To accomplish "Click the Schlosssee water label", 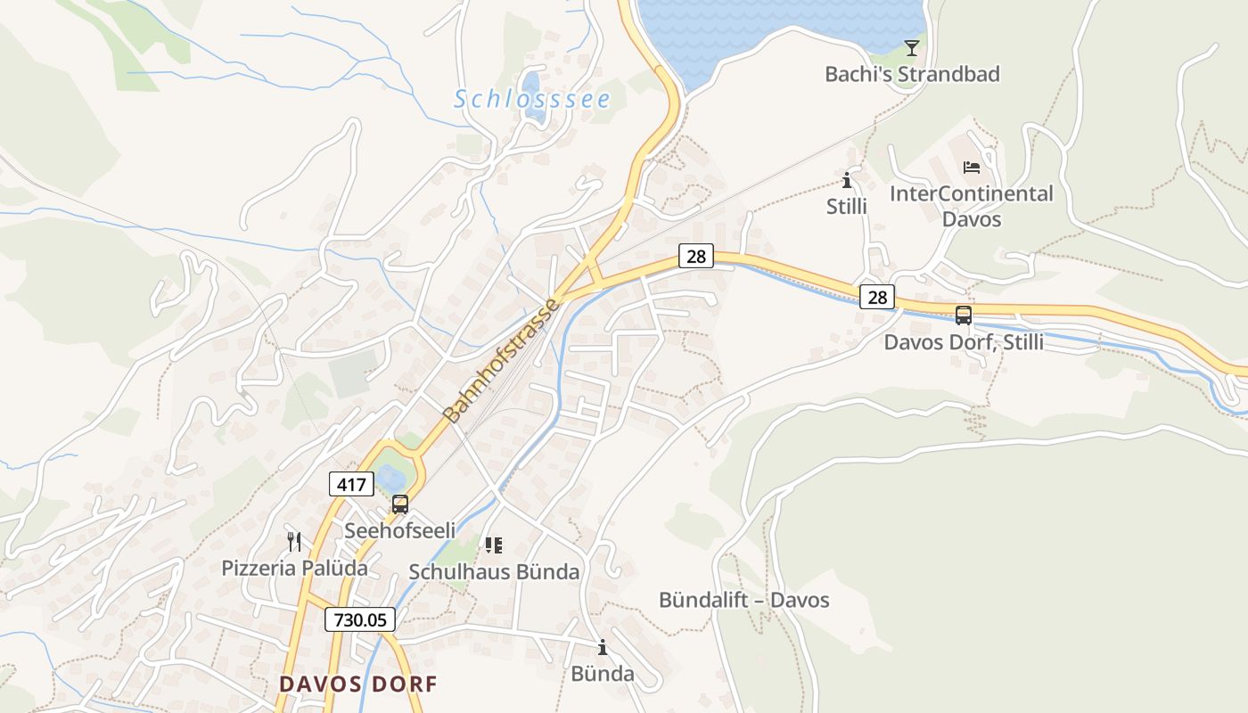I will coord(532,99).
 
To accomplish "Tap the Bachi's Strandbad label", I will coord(912,74).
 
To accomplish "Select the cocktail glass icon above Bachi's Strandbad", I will coord(911,47).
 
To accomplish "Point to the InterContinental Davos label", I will coord(972,206).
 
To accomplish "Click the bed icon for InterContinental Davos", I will coord(972,167).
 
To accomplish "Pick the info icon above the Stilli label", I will coord(846,180).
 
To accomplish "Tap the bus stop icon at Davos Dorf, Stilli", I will coord(964,315).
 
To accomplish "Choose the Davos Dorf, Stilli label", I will coord(964,342).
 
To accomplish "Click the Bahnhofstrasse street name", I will coord(501,361).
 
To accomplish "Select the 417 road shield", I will coord(351,484).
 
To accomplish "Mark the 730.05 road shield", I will coord(359,619).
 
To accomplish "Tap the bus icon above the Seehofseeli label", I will coord(400,504).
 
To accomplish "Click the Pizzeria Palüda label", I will coord(294,568).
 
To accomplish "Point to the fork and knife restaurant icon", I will coord(294,541).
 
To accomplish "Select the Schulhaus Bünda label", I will coord(494,571).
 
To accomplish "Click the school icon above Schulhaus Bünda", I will coord(494,545).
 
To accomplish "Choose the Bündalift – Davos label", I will coord(743,600).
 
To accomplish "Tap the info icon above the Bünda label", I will coord(603,647).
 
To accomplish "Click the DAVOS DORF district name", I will coord(358,684).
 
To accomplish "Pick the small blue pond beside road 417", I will coord(390,479).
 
